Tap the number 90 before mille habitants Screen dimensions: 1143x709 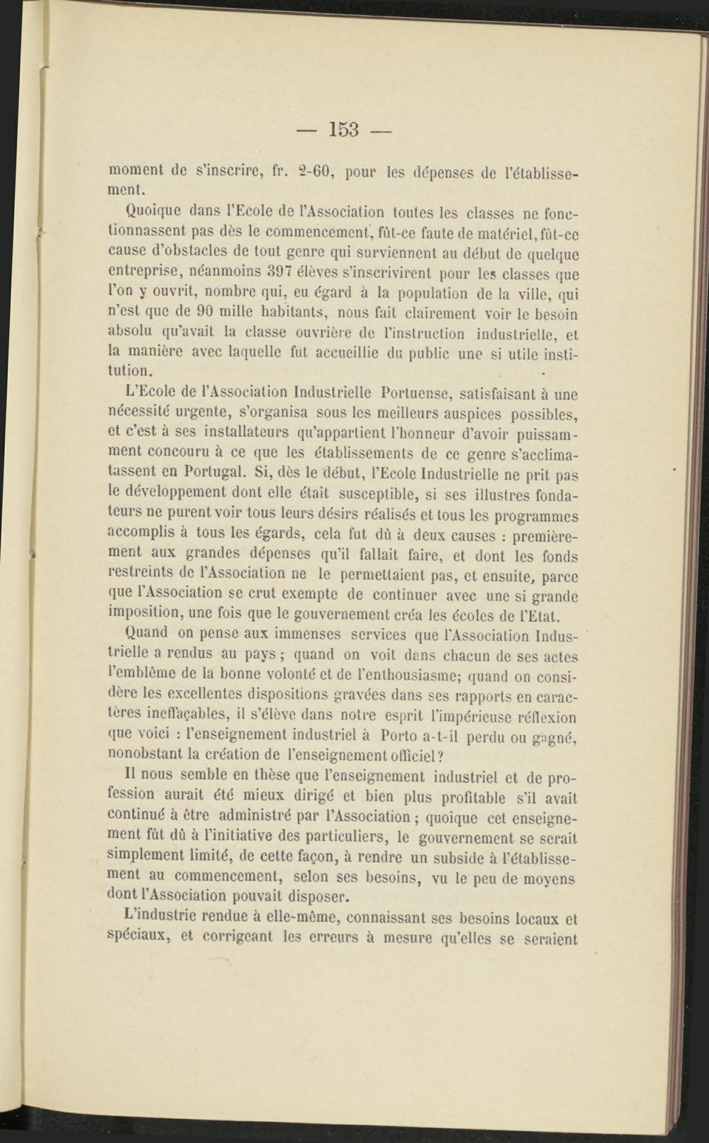205,311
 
